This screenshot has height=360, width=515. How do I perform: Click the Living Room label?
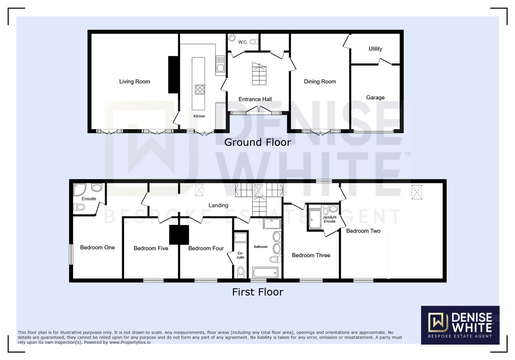pos(134,81)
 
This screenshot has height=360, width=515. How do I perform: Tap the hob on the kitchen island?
pos(200,90)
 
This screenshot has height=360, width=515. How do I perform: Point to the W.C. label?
pos(243,42)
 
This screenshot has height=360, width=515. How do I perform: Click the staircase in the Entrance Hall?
pos(259,74)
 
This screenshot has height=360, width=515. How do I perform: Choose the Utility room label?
pos(375,49)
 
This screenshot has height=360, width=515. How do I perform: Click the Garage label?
pos(375,97)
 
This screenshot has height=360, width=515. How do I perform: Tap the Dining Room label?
pos(320,81)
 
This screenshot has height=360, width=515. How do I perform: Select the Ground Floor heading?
pos(257,142)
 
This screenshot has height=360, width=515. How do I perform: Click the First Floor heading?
pos(257,292)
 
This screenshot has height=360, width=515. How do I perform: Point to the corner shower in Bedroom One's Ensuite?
pos(80,189)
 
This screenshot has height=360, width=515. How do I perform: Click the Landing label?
pos(218,205)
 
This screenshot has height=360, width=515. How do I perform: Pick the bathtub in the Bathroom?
pos(266,273)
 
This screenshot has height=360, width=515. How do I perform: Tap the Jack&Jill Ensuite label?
pos(329,219)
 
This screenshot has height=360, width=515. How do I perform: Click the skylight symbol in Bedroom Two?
pos(417,192)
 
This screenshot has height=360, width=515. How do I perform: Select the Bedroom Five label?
pos(151,248)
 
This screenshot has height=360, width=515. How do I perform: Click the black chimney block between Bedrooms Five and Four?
pos(179,235)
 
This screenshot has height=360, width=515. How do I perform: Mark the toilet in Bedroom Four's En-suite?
pos(240,272)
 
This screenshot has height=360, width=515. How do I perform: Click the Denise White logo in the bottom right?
pos(460,325)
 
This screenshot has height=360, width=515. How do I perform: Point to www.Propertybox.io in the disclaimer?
pos(130,342)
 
